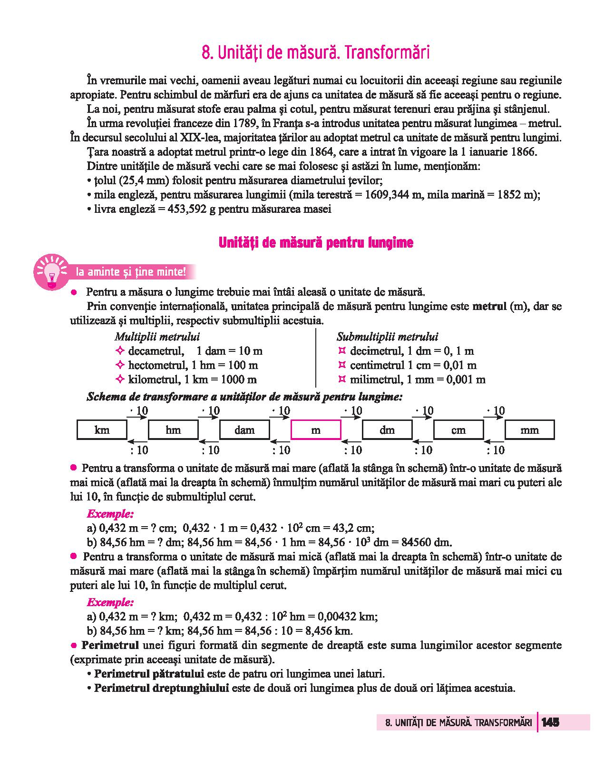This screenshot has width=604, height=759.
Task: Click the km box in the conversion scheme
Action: pyautogui.click(x=102, y=430)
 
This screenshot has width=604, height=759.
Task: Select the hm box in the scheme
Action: pyautogui.click(x=173, y=430)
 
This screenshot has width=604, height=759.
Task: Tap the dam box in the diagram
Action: pyautogui.click(x=244, y=430)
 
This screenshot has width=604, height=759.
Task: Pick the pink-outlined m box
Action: pyautogui.click(x=316, y=430)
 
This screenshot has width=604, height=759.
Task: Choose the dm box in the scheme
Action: pyautogui.click(x=387, y=430)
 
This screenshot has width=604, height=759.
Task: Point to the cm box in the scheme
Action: pyautogui.click(x=458, y=430)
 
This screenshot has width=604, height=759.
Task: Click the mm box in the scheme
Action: pyautogui.click(x=529, y=430)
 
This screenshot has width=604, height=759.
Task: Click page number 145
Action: pyautogui.click(x=550, y=722)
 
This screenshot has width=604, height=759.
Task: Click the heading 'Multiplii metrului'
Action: pyautogui.click(x=157, y=337)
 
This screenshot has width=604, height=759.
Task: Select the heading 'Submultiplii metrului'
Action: pyautogui.click(x=387, y=337)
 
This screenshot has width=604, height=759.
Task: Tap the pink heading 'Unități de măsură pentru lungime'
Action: pyautogui.click(x=316, y=243)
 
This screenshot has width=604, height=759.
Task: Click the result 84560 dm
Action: pyautogui.click(x=426, y=542)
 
